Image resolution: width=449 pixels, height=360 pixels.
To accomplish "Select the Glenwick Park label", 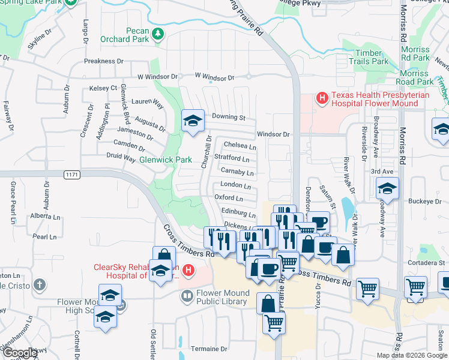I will [x=166, y=160].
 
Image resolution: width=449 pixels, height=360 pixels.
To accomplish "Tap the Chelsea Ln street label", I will [x=240, y=146].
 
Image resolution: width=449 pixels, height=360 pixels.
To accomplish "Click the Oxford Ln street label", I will [x=229, y=198].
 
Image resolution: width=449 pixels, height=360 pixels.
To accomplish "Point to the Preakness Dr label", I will [x=104, y=61].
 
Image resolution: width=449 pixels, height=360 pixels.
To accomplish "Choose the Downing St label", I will [x=230, y=118].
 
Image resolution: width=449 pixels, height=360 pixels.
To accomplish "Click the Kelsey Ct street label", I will [x=103, y=88].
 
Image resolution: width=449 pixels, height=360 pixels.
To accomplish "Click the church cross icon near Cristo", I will [x=40, y=284].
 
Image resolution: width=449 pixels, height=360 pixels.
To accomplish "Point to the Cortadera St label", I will [x=426, y=263].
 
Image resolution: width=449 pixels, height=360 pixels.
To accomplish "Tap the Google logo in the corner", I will [x=19, y=353].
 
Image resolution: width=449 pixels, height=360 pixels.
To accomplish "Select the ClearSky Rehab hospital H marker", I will [x=188, y=271].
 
